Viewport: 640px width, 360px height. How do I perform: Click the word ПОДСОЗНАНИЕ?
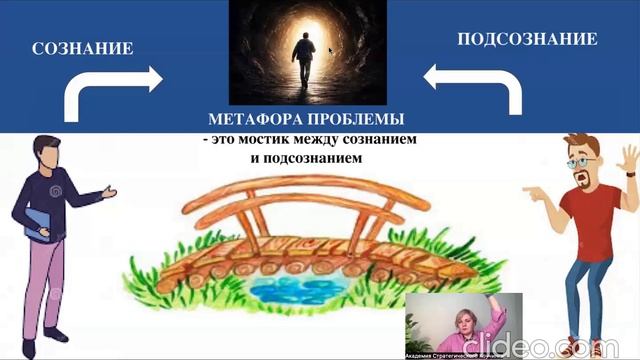(x=527, y=40)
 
